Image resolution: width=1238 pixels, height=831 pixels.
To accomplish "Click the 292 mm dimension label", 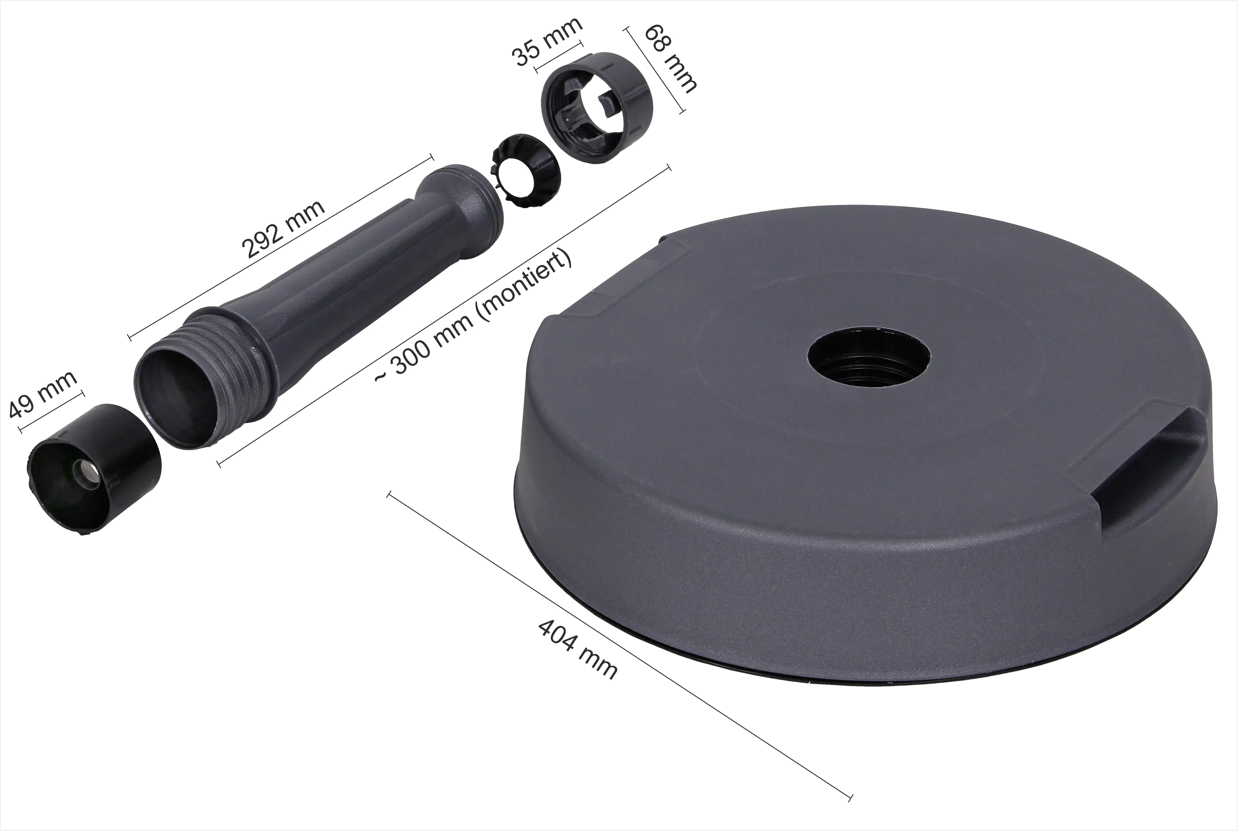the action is pos(282,229).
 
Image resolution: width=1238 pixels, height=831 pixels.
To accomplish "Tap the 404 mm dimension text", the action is pos(578,650).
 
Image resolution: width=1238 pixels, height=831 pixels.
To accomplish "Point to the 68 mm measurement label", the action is pos(670,58).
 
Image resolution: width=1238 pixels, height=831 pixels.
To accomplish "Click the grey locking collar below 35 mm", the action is pos(597,108).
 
